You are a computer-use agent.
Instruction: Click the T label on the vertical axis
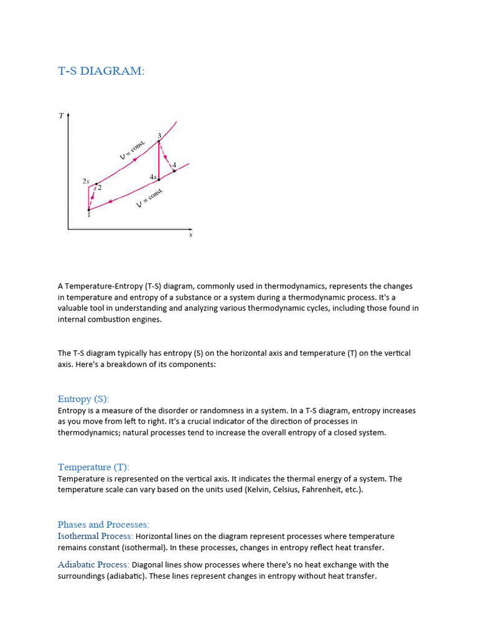[61, 115]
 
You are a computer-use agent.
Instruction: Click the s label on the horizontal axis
[190, 235]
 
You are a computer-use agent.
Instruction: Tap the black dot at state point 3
[159, 141]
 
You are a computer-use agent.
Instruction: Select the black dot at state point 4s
[159, 179]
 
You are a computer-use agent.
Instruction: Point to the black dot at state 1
[89, 210]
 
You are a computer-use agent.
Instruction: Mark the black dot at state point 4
[174, 170]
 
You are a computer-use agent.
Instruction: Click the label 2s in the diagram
[85, 181]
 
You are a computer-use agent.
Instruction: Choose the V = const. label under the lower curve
[149, 198]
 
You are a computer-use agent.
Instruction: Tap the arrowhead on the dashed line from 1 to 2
[92, 197]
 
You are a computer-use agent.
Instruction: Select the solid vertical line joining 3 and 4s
[159, 161]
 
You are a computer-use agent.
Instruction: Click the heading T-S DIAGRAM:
[101, 71]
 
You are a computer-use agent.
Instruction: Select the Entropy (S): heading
[83, 399]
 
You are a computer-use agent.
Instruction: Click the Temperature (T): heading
[93, 467]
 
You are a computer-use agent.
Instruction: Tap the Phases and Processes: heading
[103, 524]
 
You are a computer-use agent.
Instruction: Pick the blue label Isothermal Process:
[95, 536]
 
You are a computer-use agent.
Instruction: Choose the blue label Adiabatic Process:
[93, 564]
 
